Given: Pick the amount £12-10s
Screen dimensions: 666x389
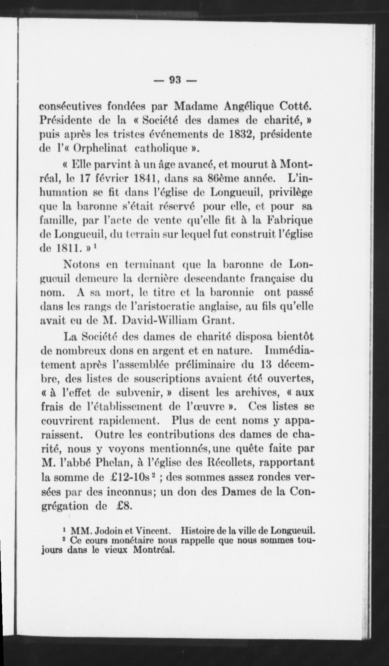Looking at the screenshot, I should (129, 477).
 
